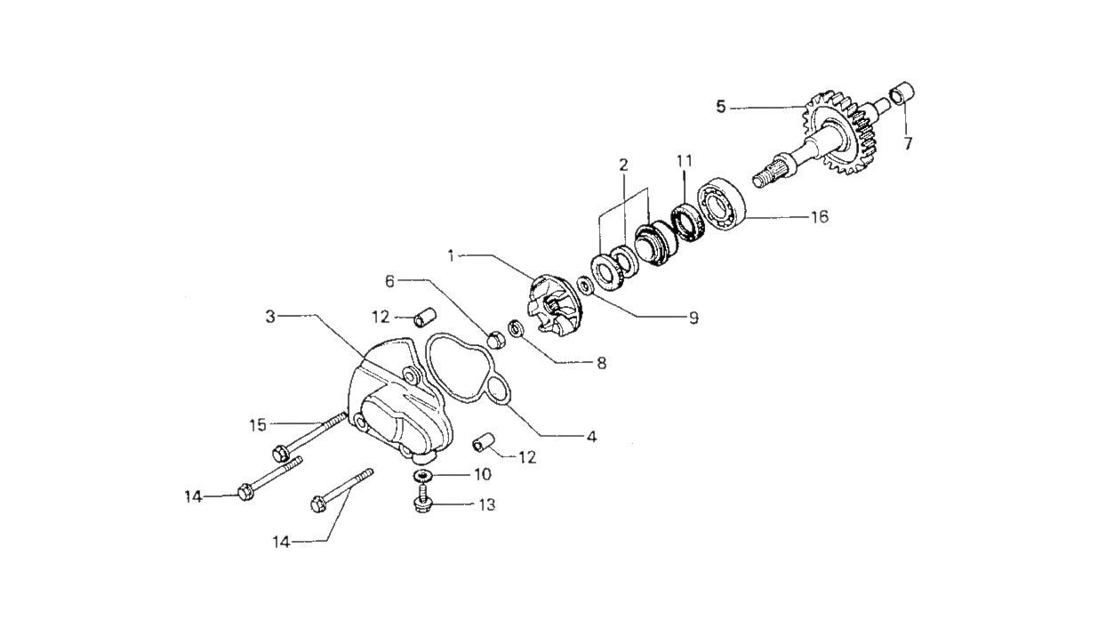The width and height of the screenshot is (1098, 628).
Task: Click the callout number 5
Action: point(721,108)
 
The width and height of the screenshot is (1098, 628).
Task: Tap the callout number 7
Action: point(908,143)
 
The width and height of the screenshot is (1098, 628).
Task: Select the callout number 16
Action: point(819,216)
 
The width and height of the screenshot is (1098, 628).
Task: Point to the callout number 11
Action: point(684,161)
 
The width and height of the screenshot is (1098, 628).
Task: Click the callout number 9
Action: point(693,317)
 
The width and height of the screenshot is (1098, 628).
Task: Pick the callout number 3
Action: point(269,315)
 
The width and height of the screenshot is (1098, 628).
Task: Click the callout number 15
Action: point(257,425)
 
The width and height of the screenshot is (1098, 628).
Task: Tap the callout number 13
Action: point(486,505)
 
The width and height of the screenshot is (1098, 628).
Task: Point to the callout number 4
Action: point(590,437)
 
